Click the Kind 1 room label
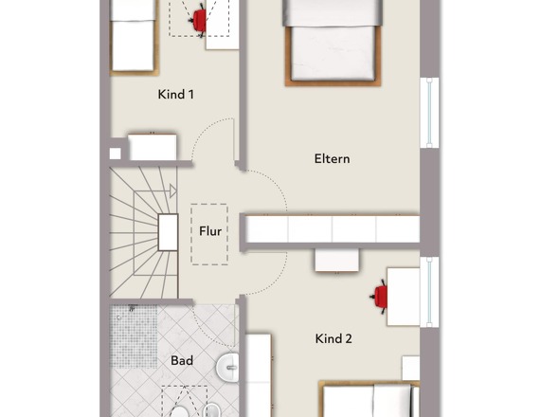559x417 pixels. pyautogui.click(x=176, y=95)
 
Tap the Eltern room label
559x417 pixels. pyautogui.click(x=332, y=158)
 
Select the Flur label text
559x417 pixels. pyautogui.click(x=210, y=231)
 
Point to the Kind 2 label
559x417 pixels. pyautogui.click(x=334, y=338)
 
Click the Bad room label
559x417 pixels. pyautogui.click(x=182, y=361)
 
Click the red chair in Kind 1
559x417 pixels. pyautogui.click(x=198, y=20)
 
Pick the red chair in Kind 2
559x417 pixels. pyautogui.click(x=379, y=297)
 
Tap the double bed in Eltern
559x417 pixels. pyautogui.click(x=333, y=43)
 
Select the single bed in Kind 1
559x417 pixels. pyautogui.click(x=134, y=38)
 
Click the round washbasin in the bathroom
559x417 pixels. pyautogui.click(x=227, y=367)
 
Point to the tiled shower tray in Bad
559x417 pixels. pyautogui.click(x=134, y=336)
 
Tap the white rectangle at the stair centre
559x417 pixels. pyautogui.click(x=168, y=232)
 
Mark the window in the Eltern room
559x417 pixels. pyautogui.click(x=429, y=113)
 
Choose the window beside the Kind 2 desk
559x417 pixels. pyautogui.click(x=429, y=292)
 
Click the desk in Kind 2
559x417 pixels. pyautogui.click(x=404, y=297)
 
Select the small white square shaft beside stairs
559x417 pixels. pyautogui.click(x=115, y=154)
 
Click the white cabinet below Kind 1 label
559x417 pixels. pyautogui.click(x=153, y=147)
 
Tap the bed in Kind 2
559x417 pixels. pyautogui.click(x=369, y=399)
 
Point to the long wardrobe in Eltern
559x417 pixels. pyautogui.click(x=333, y=228)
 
